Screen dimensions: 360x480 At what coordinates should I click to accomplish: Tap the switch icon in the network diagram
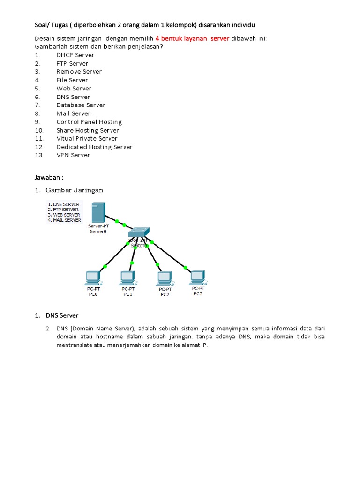tap(139, 232)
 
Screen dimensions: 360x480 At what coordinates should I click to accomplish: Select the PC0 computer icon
tap(92, 278)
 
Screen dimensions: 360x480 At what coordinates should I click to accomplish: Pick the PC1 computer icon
tap(127, 277)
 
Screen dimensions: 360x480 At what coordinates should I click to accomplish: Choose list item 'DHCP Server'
tap(75, 55)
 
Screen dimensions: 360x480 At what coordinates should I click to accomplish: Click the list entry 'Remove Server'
tap(79, 72)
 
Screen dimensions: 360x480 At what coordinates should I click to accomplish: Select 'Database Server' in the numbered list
tap(81, 105)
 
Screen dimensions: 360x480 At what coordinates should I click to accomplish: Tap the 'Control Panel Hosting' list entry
tap(89, 122)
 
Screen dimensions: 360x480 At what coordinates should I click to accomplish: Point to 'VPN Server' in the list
tap(73, 155)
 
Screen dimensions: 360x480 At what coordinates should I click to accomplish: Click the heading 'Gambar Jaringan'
tap(74, 190)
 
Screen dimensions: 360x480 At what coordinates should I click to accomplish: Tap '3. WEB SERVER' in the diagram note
tap(64, 215)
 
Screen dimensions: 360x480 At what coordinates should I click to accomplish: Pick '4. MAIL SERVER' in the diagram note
tap(64, 220)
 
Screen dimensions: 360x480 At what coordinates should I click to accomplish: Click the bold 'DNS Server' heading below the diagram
tap(62, 315)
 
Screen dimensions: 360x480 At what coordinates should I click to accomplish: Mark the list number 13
tap(39, 155)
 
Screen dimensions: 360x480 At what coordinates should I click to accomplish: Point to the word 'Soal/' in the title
tap(43, 24)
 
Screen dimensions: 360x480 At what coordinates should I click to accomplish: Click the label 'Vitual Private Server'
tap(87, 139)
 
